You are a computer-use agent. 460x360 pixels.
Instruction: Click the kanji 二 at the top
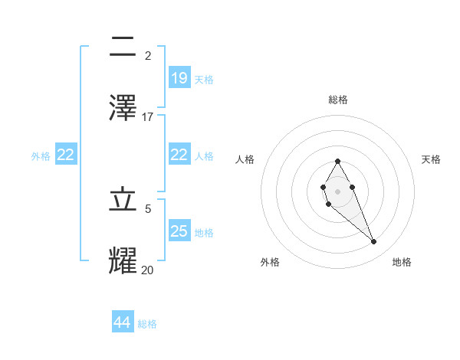point(123,47)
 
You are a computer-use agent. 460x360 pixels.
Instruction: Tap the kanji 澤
point(123,108)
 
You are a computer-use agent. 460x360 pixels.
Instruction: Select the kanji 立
point(123,201)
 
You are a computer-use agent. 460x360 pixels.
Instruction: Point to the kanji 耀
point(123,261)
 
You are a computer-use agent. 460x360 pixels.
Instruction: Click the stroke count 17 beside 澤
point(148,116)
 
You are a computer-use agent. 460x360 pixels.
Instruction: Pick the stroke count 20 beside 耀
point(148,270)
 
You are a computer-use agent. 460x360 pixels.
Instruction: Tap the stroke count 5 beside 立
point(148,208)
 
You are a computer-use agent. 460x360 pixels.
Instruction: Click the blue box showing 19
point(179,78)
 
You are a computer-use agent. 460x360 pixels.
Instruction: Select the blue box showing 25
point(179,231)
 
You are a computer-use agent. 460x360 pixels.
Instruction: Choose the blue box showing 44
point(123,322)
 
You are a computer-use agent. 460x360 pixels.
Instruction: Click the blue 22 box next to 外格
point(66,155)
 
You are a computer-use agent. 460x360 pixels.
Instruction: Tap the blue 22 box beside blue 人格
point(179,155)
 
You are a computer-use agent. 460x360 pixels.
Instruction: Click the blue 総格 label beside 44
point(147,324)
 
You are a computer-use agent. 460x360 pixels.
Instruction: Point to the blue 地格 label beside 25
point(204,233)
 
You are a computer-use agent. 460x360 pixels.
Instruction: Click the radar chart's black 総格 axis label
point(338,100)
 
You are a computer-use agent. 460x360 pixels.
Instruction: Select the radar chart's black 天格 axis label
point(432,159)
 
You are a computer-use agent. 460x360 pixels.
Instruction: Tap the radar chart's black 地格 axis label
point(402,262)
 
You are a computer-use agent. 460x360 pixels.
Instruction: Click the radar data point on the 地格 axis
point(374,242)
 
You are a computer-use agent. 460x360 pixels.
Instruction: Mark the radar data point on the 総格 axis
point(337,161)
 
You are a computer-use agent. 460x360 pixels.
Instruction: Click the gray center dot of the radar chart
point(337,191)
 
